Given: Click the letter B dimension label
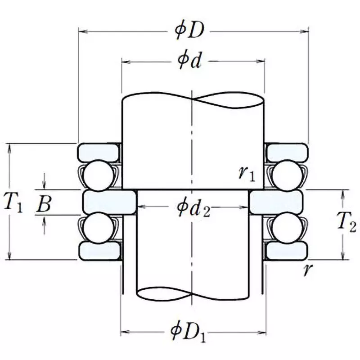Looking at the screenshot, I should (44, 203).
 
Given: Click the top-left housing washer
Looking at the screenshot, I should (99, 152).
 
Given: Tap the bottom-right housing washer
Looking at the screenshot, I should (285, 251).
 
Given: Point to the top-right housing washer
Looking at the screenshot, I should (285, 152).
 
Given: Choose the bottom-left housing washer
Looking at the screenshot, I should (99, 251).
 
